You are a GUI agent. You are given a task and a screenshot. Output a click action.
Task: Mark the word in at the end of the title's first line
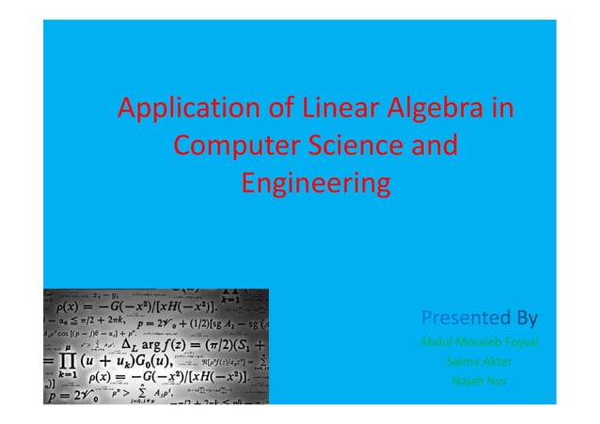click(500, 110)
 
